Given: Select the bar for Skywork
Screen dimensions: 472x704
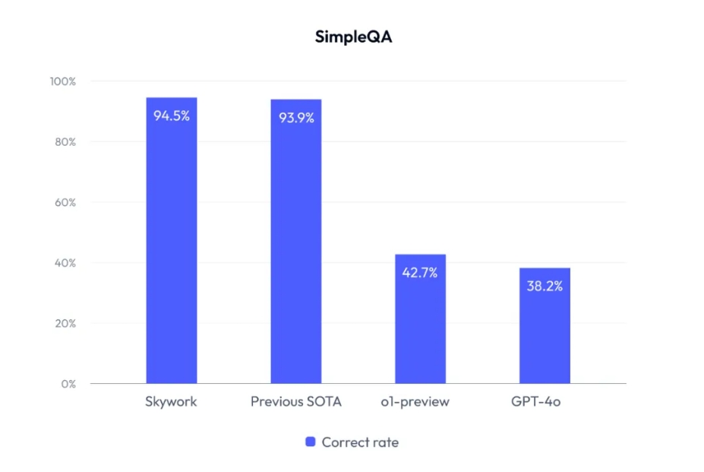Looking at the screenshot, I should [x=171, y=243].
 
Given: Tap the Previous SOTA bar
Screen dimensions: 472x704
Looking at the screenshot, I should [x=295, y=243].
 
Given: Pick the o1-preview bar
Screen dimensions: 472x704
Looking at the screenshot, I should [x=420, y=319].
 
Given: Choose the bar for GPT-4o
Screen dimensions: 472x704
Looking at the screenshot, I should [x=545, y=327].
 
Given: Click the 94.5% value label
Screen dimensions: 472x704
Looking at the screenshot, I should [x=171, y=116].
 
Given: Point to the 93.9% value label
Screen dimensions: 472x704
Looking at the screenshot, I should [x=295, y=118].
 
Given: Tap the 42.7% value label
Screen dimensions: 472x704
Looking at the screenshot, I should [x=420, y=273].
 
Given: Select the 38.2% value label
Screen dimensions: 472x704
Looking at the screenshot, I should [x=545, y=287].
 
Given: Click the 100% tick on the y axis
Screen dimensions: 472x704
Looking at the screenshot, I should [x=62, y=81].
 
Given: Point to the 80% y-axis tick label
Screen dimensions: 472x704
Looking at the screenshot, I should [x=64, y=142].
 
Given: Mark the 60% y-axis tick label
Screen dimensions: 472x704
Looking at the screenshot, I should [x=64, y=203].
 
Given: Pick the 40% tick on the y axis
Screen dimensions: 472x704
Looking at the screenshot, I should [x=64, y=263].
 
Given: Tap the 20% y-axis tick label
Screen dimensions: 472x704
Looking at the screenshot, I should [x=64, y=324].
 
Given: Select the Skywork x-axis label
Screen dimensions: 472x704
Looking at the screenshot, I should [x=171, y=402].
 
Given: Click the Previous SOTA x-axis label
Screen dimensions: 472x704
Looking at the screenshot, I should [x=295, y=402].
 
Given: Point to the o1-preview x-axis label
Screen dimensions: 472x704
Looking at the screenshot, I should [x=420, y=402].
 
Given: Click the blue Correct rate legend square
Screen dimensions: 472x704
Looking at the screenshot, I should [x=310, y=442].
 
